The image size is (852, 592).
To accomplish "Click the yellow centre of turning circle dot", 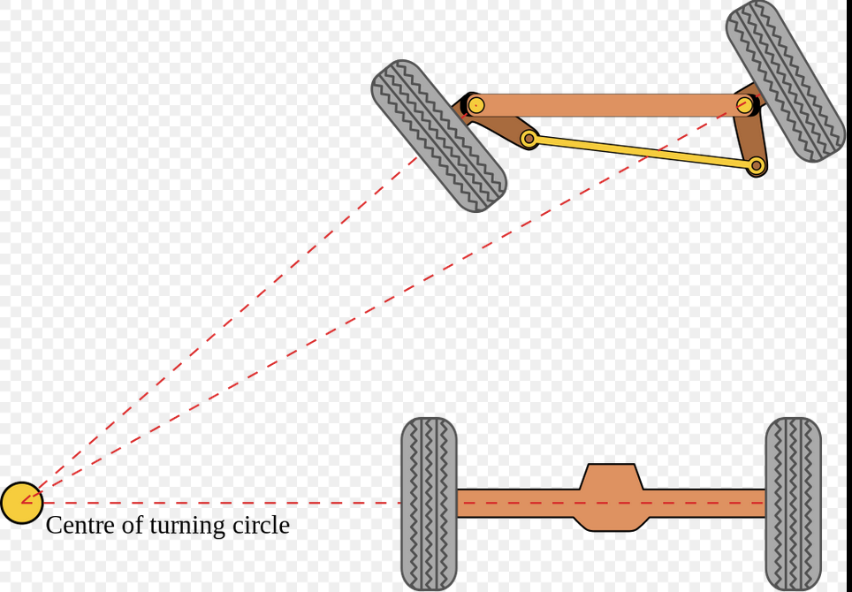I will (21, 503).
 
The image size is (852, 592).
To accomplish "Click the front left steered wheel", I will (438, 136).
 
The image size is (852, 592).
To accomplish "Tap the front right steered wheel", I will (785, 80).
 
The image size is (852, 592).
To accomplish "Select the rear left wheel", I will (429, 504).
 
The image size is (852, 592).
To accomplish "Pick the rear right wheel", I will (793, 504).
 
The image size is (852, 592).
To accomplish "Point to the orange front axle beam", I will (610, 105).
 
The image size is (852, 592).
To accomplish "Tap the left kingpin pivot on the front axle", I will (475, 105).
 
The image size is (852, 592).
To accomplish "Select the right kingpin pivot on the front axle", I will (745, 105).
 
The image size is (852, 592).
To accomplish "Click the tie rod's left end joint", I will (529, 139).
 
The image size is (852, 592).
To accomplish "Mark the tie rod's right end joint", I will (756, 165).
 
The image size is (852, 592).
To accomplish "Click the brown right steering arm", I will (749, 138).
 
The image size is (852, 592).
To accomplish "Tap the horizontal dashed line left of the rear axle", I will (221, 503).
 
